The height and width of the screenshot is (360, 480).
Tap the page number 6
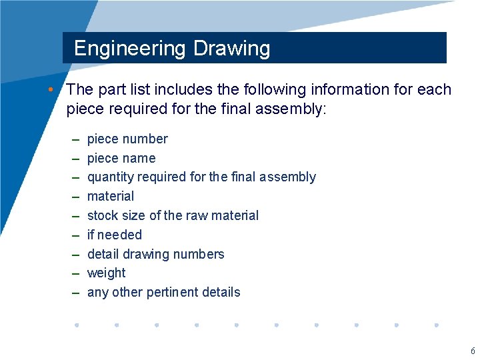(x=473, y=351)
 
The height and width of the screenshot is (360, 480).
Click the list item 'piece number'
(x=127, y=139)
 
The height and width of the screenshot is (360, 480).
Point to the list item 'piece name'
(x=121, y=159)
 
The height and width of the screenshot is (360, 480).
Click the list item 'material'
(x=111, y=197)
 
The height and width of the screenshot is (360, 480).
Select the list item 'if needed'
(x=115, y=235)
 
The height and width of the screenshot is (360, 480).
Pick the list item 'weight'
(x=107, y=273)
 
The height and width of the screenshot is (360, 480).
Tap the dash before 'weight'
(x=76, y=273)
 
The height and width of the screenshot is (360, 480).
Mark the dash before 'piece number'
(x=76, y=139)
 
